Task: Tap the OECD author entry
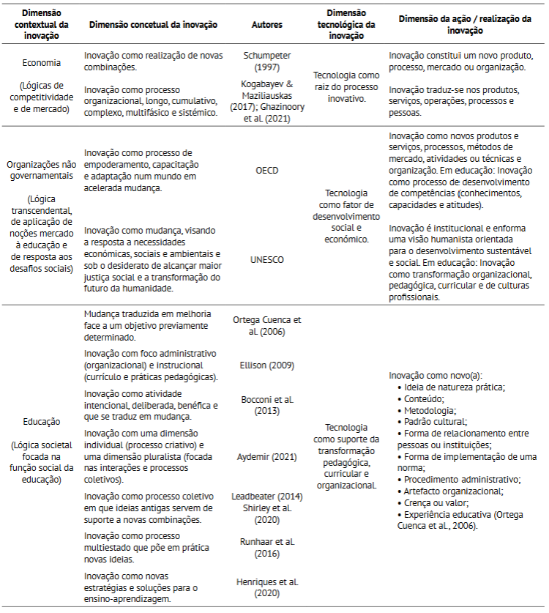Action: pyautogui.click(x=267, y=170)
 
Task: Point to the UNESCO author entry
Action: pyautogui.click(x=267, y=259)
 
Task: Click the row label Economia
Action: pyautogui.click(x=41, y=63)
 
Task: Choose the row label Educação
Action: pyautogui.click(x=41, y=422)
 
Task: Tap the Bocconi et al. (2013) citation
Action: pyautogui.click(x=267, y=405)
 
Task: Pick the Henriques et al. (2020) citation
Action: pyautogui.click(x=267, y=587)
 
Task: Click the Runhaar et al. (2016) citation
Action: pyautogui.click(x=267, y=547)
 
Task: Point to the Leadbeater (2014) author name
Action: pyautogui.click(x=267, y=496)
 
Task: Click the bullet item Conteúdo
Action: pyautogui.click(x=424, y=398)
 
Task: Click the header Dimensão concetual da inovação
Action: pyautogui.click(x=153, y=23)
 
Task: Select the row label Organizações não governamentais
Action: pyautogui.click(x=41, y=170)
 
